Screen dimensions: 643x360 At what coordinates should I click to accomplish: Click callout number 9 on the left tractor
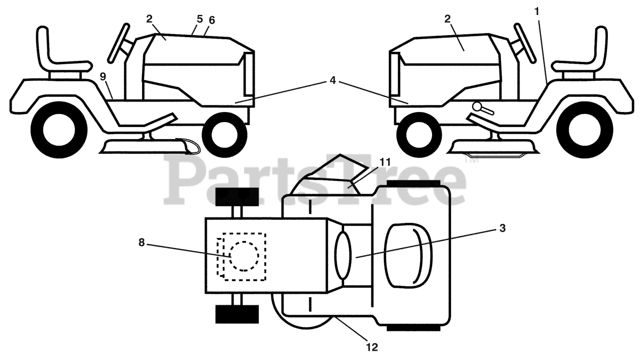(x=103, y=77)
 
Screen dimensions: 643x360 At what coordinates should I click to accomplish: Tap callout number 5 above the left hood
(x=200, y=19)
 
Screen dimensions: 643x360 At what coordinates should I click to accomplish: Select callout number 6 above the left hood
(x=211, y=20)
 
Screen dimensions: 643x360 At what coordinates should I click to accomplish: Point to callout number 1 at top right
(x=537, y=12)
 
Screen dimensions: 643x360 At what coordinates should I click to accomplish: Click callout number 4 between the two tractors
(x=333, y=80)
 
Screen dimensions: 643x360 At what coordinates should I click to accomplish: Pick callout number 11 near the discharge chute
(x=385, y=162)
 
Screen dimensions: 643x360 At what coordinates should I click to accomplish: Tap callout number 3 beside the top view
(x=502, y=228)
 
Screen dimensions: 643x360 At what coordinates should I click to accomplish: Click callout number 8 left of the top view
(x=142, y=243)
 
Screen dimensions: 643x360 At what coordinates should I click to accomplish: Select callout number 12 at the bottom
(x=372, y=347)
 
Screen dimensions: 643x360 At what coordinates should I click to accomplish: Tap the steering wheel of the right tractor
(x=525, y=43)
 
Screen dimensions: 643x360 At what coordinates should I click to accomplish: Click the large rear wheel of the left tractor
(x=59, y=131)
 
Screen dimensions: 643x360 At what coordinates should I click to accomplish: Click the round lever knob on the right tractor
(x=478, y=107)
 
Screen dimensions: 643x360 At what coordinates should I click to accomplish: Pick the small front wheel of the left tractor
(x=225, y=135)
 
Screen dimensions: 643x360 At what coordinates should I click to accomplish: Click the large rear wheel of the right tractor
(x=584, y=131)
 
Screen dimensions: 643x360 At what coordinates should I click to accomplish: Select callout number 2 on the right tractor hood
(x=448, y=19)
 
